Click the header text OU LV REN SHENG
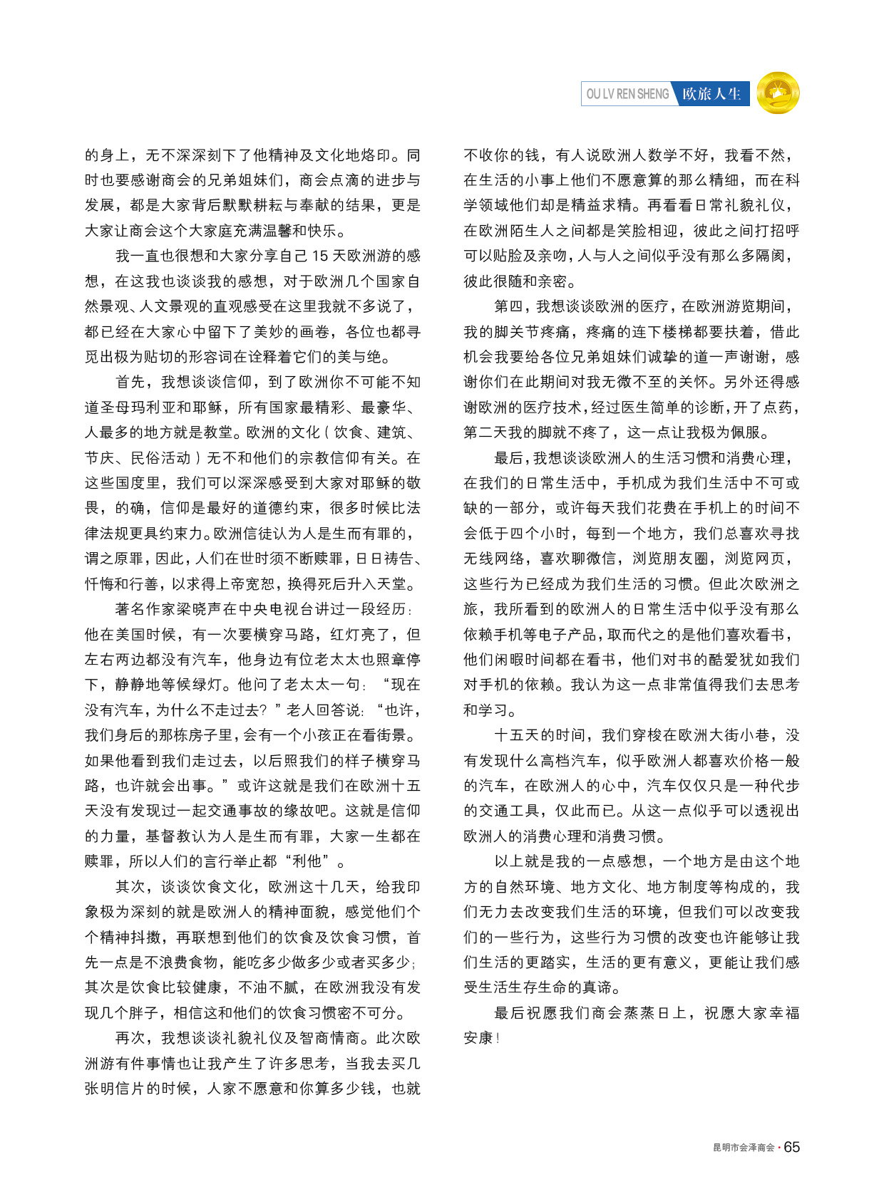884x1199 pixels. pyautogui.click(x=627, y=94)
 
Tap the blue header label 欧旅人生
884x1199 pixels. pyautogui.click(x=711, y=94)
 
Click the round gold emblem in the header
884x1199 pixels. pyautogui.click(x=778, y=93)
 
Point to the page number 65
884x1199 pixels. pyautogui.click(x=792, y=1147)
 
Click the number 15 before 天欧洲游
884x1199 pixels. pyautogui.click(x=321, y=256)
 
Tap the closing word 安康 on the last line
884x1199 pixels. pyautogui.click(x=478, y=1038)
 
